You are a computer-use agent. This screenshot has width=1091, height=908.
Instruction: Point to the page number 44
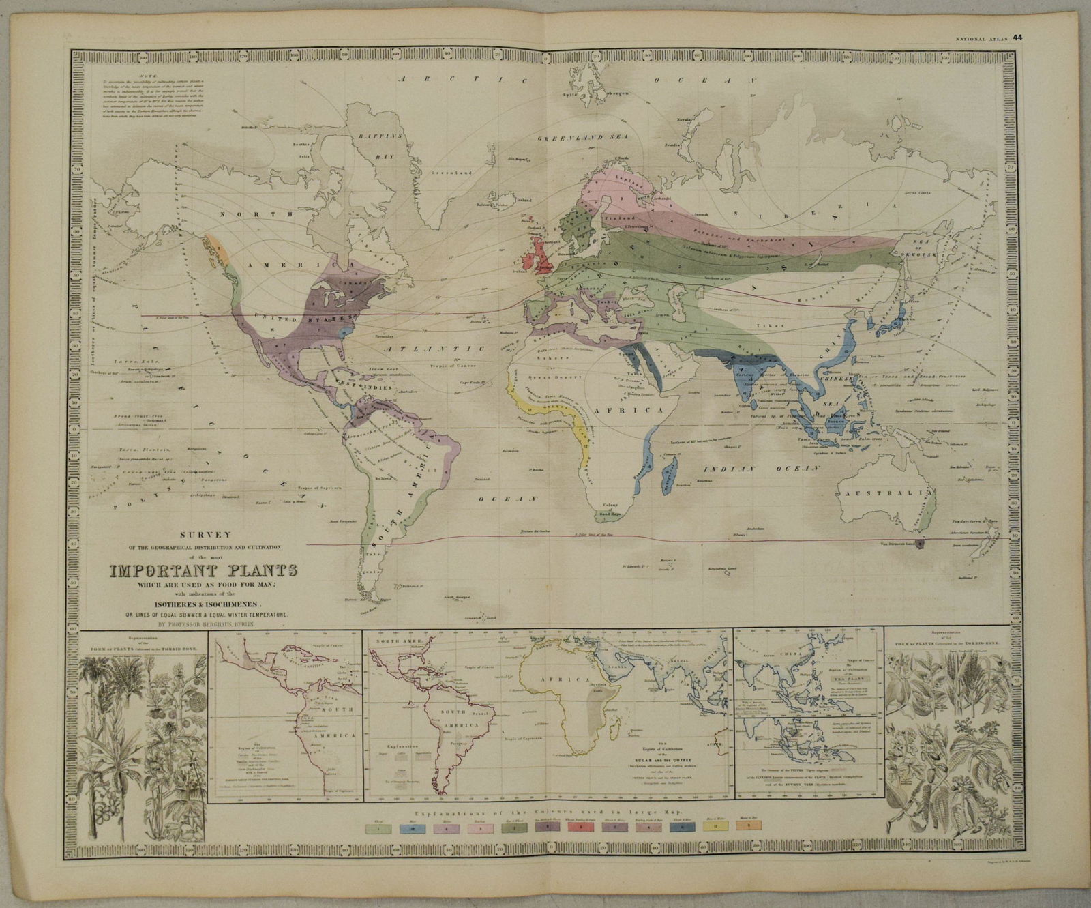click(x=1017, y=38)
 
